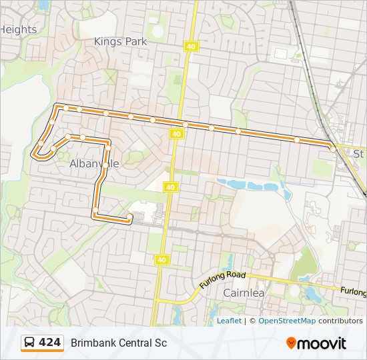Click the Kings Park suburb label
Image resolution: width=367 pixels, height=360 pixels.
(120, 41)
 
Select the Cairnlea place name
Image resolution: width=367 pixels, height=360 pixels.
(244, 292)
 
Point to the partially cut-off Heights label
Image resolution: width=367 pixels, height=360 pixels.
(19, 29)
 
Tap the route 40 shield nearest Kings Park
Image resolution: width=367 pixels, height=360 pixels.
(192, 46)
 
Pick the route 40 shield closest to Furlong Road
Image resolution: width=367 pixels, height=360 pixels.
(161, 259)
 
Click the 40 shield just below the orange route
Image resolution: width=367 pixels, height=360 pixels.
(176, 134)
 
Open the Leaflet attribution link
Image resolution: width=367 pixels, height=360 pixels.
(229, 321)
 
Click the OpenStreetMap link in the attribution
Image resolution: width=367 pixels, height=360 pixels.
(287, 321)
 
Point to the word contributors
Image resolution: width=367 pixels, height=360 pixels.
(340, 321)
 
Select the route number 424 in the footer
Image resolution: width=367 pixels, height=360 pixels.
(50, 343)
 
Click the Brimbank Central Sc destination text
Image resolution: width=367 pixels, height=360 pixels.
(119, 343)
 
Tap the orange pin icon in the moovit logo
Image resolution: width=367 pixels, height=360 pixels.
(291, 343)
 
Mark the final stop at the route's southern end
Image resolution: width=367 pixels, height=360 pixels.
(129, 216)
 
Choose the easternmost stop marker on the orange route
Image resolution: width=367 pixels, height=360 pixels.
(332, 149)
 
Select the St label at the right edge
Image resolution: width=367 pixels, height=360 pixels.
(359, 154)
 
